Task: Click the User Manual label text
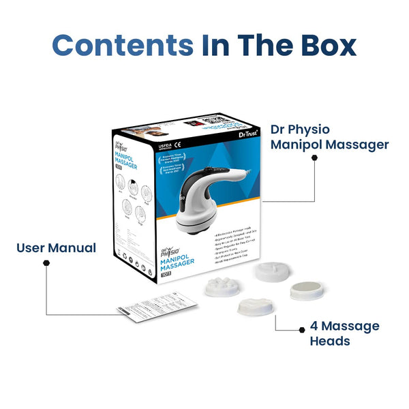(x=56, y=247)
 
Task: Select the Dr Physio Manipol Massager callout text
(x=329, y=136)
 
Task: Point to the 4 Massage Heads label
(x=344, y=333)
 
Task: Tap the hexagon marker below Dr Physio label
(x=314, y=157)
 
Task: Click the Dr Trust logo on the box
(x=240, y=137)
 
